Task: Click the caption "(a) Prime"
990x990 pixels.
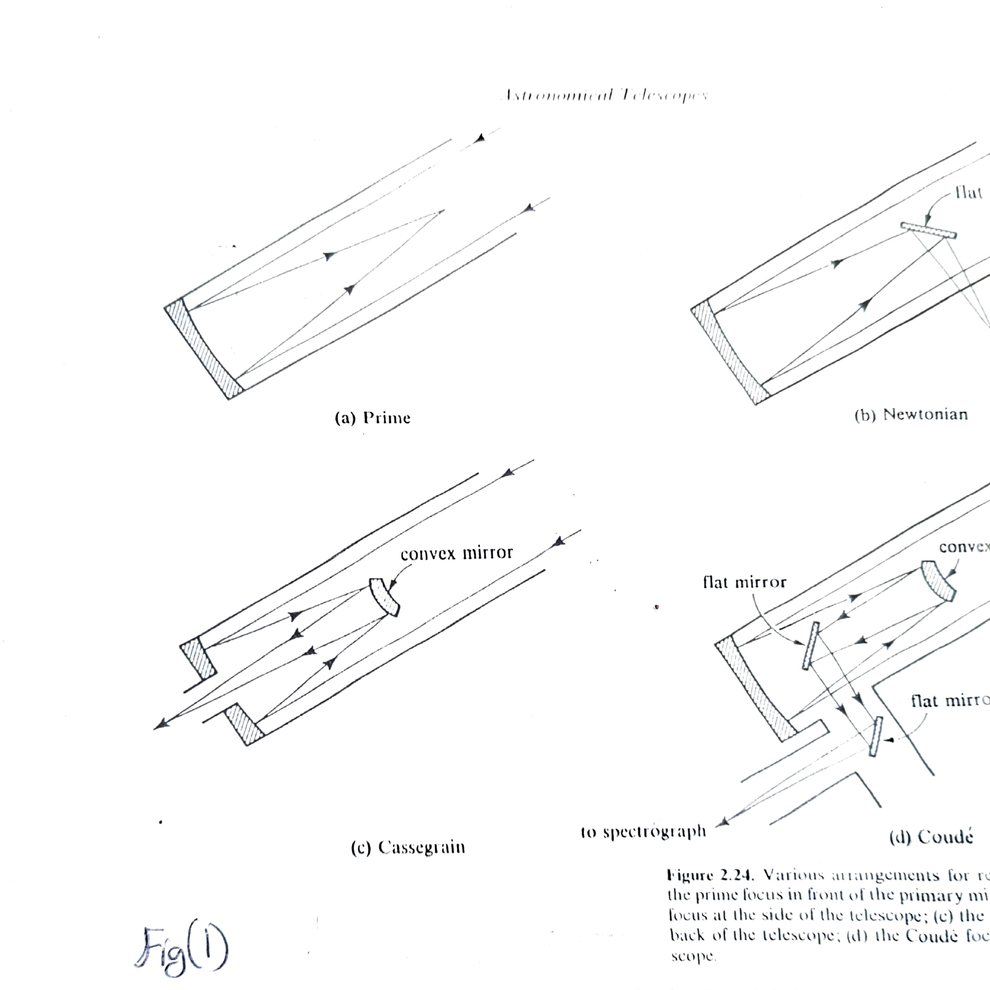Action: pyautogui.click(x=372, y=418)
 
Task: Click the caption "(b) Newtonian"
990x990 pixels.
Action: pyautogui.click(x=911, y=415)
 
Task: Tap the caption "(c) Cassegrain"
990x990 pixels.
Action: pyautogui.click(x=408, y=847)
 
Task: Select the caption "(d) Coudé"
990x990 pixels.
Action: pyautogui.click(x=931, y=837)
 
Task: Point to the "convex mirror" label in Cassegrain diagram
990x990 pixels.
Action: pyautogui.click(x=457, y=553)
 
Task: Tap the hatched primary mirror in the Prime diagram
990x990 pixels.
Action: pyautogui.click(x=202, y=349)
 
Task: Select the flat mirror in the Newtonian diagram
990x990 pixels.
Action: pyautogui.click(x=928, y=231)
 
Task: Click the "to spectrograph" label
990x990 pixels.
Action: pyautogui.click(x=643, y=832)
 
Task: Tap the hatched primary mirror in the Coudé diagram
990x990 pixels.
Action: pyautogui.click(x=755, y=691)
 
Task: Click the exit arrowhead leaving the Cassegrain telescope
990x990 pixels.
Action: pyautogui.click(x=160, y=724)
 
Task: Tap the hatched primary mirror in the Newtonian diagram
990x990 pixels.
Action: pyautogui.click(x=729, y=353)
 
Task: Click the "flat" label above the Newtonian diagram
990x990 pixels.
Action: pyautogui.click(x=968, y=193)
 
